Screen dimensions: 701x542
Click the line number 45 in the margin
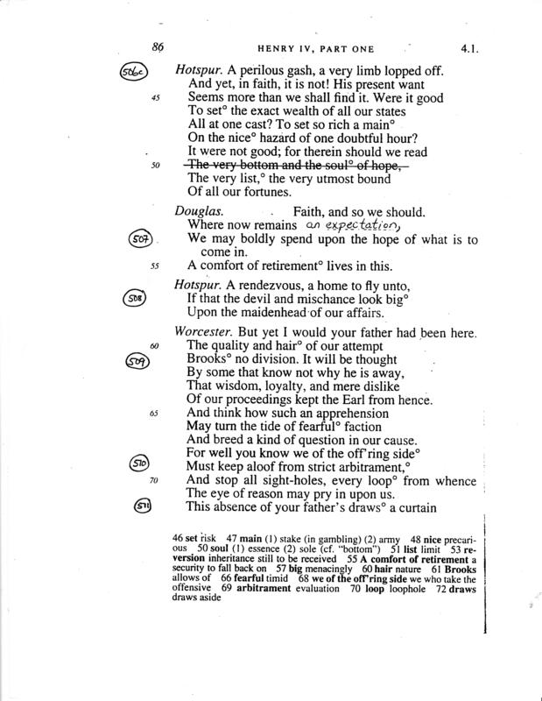[155, 98]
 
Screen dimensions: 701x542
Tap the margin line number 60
[155, 346]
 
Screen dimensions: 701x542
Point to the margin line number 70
[155, 481]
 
